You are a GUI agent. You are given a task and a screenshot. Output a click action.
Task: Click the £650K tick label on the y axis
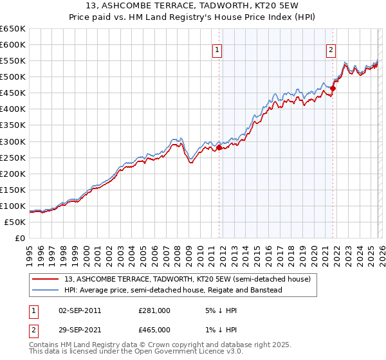click(13, 29)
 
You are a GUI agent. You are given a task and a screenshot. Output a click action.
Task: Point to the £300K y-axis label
click(13, 141)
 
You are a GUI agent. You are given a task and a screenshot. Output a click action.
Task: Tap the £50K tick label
click(15, 222)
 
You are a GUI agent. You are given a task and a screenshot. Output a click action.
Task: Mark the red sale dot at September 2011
click(219, 147)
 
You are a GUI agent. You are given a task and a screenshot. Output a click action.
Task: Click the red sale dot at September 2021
click(333, 88)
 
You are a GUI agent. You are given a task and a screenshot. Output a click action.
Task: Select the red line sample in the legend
click(46, 279)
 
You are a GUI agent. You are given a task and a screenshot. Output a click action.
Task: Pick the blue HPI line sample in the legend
click(46, 290)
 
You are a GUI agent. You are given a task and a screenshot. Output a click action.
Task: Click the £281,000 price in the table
click(154, 310)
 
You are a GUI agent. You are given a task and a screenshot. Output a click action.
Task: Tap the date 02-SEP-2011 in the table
click(80, 310)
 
